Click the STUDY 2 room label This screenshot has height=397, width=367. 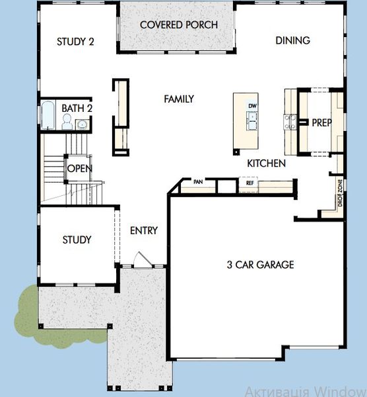(75, 41)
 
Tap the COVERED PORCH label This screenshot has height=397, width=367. (178, 25)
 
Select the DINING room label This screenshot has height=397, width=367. (292, 40)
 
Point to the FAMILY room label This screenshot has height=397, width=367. (179, 99)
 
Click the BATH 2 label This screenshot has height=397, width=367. (77, 108)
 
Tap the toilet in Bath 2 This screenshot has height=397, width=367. (67, 121)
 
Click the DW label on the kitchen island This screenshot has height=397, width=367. (252, 106)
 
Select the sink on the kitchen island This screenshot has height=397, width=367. (252, 120)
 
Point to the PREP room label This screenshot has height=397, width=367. (321, 122)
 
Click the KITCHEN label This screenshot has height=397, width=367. (266, 163)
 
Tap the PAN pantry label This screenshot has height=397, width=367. (197, 181)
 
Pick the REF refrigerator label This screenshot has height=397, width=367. (250, 183)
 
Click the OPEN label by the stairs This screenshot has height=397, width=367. (79, 168)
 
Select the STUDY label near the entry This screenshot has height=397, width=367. (77, 240)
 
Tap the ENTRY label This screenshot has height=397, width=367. (144, 230)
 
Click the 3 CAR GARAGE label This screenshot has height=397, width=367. (260, 265)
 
